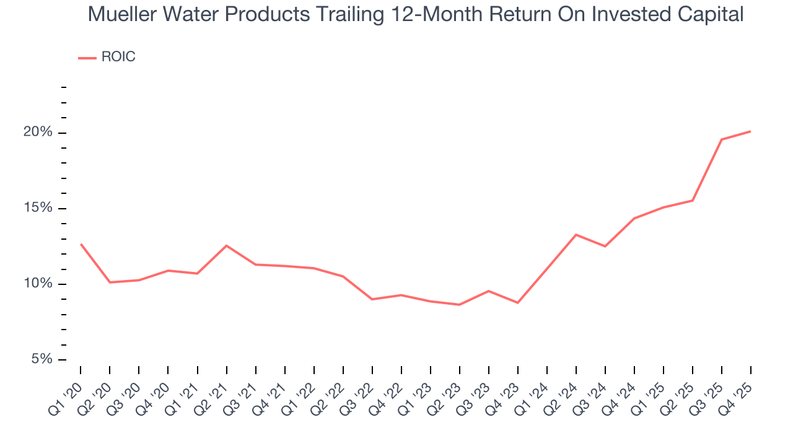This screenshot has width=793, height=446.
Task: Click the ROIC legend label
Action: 118,57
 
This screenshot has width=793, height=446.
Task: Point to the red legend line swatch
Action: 87,58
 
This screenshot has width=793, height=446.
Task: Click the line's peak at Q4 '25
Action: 750,131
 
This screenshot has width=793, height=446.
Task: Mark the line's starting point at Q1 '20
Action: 81,244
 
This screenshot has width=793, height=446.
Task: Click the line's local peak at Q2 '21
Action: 226,246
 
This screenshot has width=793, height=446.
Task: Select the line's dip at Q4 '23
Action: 517,302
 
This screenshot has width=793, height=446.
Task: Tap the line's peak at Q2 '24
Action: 576,235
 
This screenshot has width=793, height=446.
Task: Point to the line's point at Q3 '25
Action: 721,139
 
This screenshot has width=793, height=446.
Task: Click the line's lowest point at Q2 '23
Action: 459,305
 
